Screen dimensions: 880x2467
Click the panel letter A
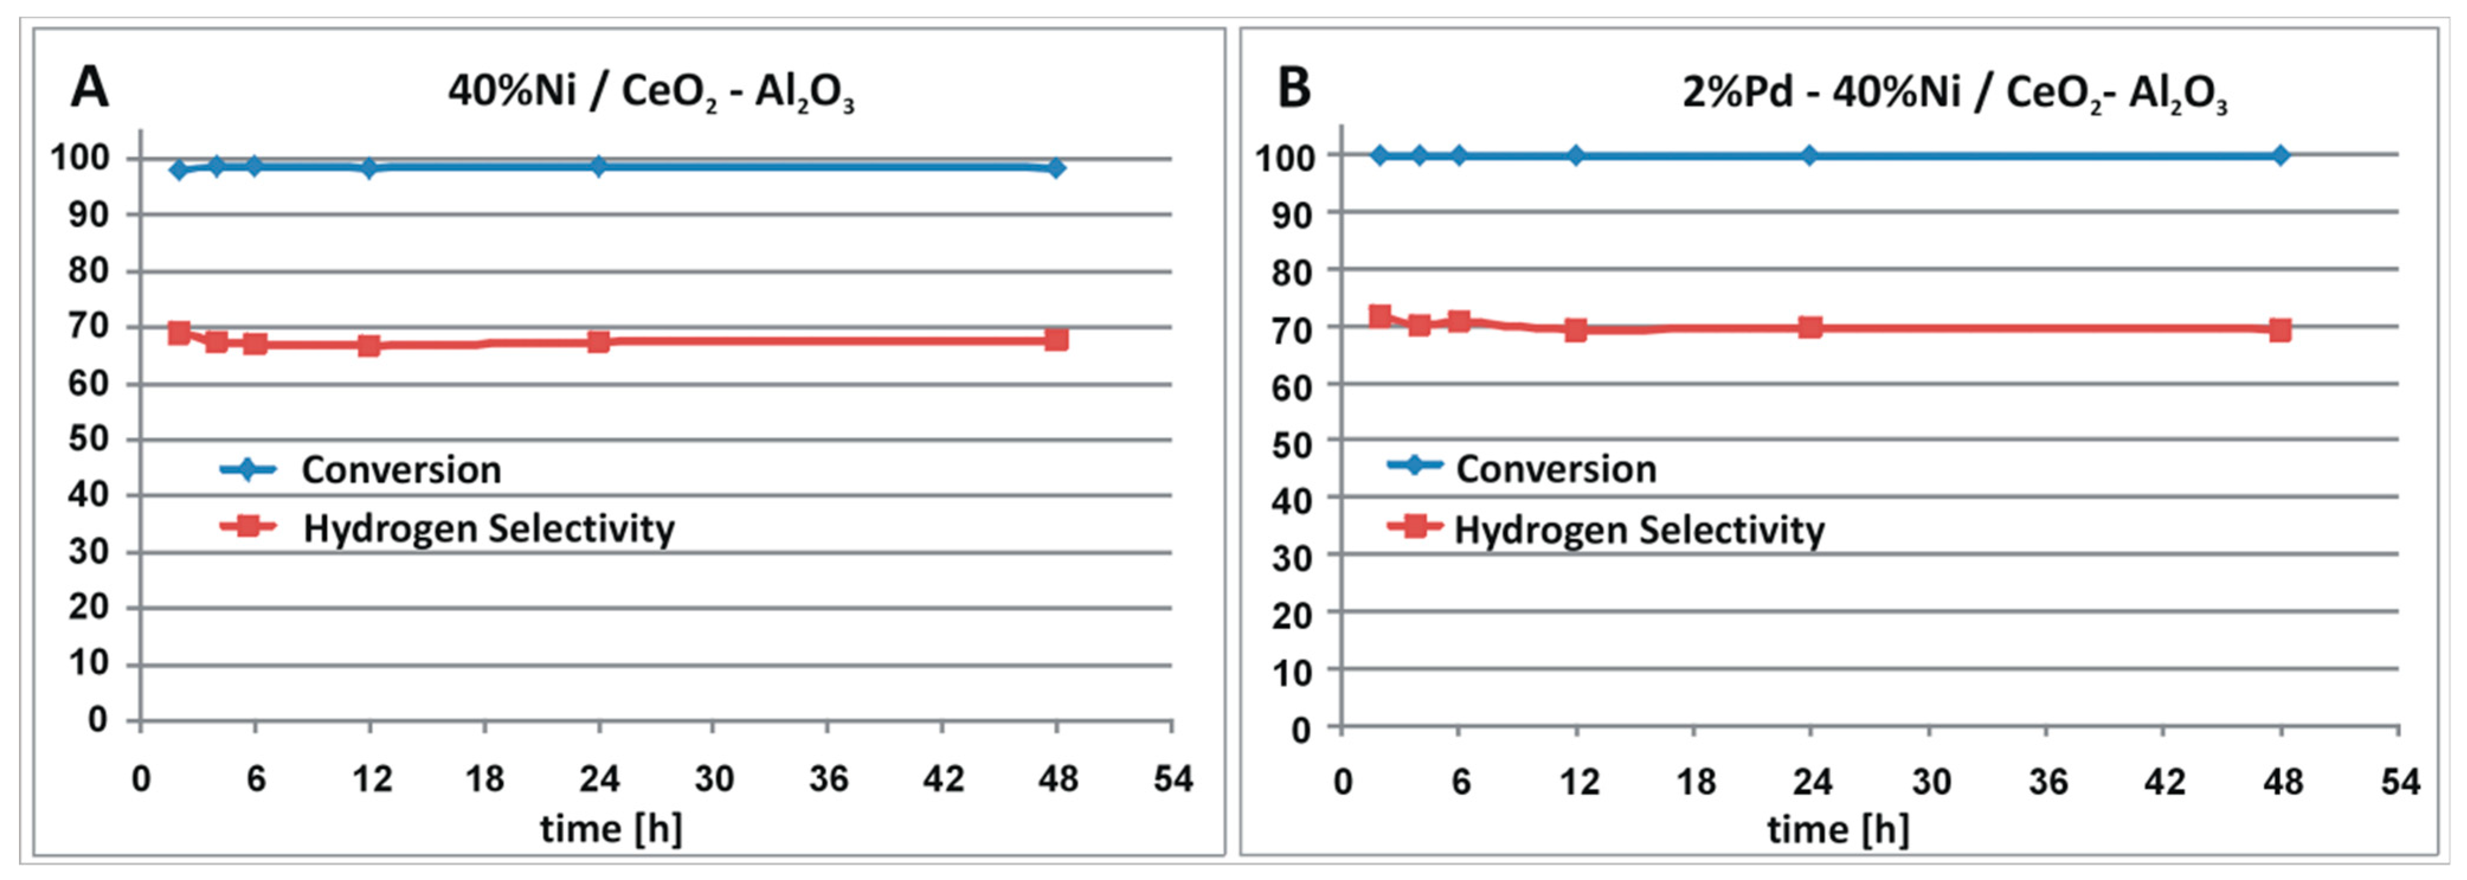(x=90, y=88)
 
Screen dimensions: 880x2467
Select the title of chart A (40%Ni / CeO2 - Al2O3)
(x=650, y=93)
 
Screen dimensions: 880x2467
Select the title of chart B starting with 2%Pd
(x=1954, y=93)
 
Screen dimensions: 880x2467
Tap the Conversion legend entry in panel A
(x=400, y=470)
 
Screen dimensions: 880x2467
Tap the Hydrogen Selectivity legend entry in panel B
(x=1638, y=530)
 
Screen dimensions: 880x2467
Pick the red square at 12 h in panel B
(x=1576, y=330)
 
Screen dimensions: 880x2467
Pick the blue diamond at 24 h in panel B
(x=1809, y=155)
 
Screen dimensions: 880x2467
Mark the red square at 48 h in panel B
(x=2280, y=330)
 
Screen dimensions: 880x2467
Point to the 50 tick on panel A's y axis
(x=88, y=440)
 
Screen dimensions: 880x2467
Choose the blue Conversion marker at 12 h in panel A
(x=369, y=169)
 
